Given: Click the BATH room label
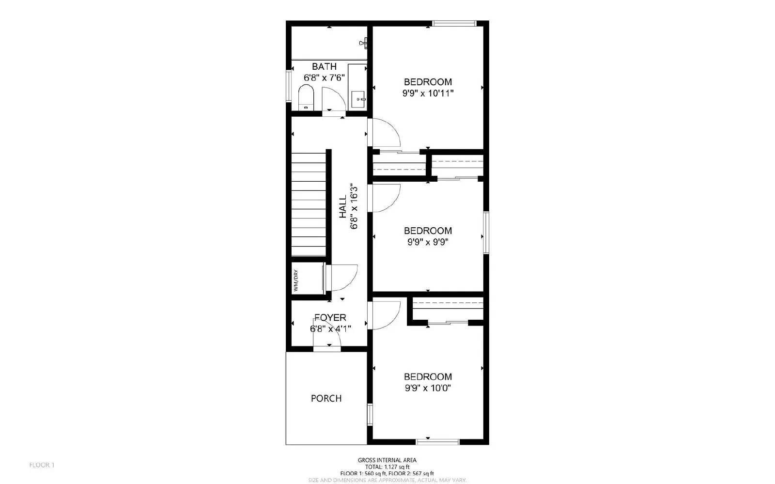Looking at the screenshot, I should pyautogui.click(x=324, y=66).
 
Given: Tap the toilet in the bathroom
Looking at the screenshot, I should pyautogui.click(x=306, y=97).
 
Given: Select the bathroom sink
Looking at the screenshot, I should pyautogui.click(x=358, y=99).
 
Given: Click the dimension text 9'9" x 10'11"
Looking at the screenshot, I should pyautogui.click(x=428, y=93).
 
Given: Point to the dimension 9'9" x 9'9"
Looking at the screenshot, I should pyautogui.click(x=428, y=242).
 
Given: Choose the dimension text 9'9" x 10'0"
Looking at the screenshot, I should pyautogui.click(x=428, y=388).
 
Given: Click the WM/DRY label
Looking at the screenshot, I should pyautogui.click(x=295, y=280).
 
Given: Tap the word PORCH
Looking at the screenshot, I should pyautogui.click(x=326, y=398).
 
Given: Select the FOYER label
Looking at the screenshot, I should pyautogui.click(x=330, y=317).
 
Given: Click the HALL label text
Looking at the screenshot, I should pyautogui.click(x=343, y=206).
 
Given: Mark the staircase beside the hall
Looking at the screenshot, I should pyautogui.click(x=309, y=203).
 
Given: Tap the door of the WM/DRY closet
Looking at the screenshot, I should pyautogui.click(x=342, y=277).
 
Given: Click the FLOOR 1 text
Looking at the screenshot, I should pyautogui.click(x=42, y=465).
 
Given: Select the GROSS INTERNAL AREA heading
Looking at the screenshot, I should pyautogui.click(x=387, y=460).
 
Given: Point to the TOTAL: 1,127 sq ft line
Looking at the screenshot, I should pyautogui.click(x=387, y=467).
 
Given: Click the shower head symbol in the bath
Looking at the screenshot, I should pyautogui.click(x=364, y=44).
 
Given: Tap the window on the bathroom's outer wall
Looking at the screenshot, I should pyautogui.click(x=289, y=86).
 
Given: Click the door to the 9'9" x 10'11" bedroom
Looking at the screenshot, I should pyautogui.click(x=384, y=132).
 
